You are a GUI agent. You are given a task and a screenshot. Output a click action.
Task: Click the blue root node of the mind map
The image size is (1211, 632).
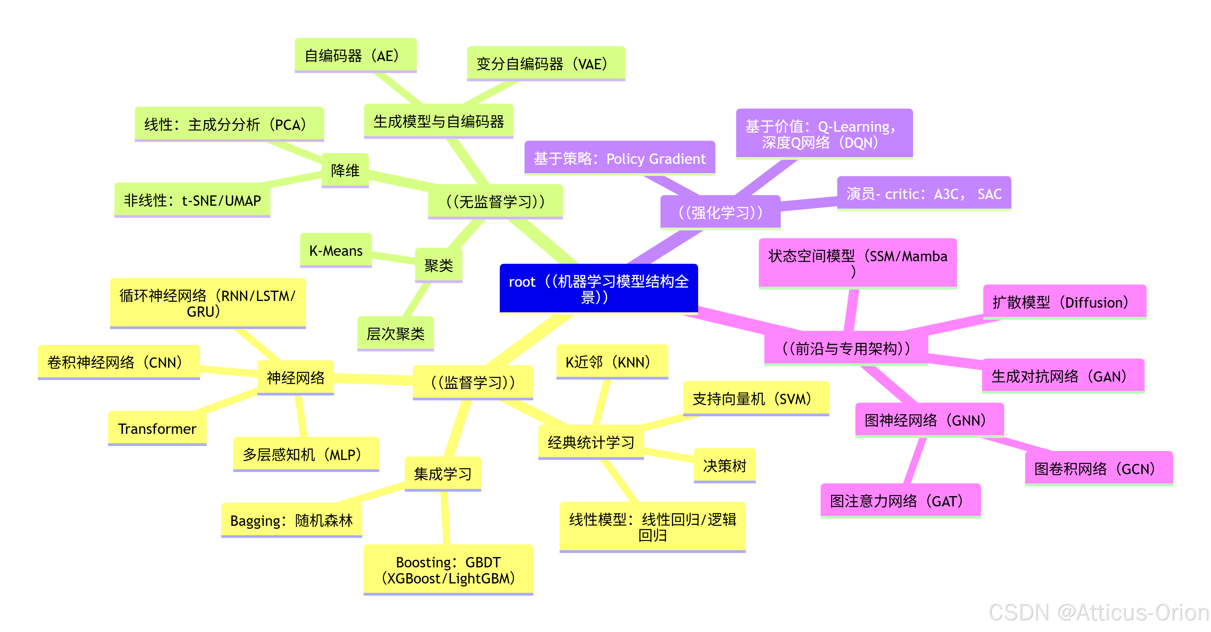pyautogui.click(x=599, y=288)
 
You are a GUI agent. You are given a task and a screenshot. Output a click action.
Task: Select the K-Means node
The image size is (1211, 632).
pyautogui.click(x=336, y=250)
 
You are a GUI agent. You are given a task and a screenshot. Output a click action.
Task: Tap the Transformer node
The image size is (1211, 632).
pyautogui.click(x=157, y=428)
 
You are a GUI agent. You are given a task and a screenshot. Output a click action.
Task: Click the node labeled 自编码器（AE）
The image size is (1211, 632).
pyautogui.click(x=355, y=56)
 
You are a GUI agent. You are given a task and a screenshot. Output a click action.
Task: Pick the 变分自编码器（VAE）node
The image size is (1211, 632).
pyautogui.click(x=545, y=63)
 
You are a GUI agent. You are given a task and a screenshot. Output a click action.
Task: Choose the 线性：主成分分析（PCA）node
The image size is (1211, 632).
pyautogui.click(x=229, y=124)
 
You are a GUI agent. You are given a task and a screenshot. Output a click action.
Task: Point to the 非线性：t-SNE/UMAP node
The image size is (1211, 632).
pyautogui.click(x=192, y=200)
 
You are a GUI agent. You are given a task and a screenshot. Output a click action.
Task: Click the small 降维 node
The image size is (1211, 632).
pyautogui.click(x=345, y=170)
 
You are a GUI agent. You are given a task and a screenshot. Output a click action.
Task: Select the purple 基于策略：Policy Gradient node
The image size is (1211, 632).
pyautogui.click(x=619, y=158)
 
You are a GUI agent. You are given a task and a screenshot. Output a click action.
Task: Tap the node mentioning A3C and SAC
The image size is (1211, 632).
pyautogui.click(x=924, y=194)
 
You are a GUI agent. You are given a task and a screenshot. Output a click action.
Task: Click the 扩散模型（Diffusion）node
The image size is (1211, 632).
pyautogui.click(x=1064, y=302)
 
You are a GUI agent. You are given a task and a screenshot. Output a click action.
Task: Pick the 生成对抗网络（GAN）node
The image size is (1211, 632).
pyautogui.click(x=1063, y=376)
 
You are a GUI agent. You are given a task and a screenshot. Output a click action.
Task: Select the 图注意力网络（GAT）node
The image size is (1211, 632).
pyautogui.click(x=900, y=501)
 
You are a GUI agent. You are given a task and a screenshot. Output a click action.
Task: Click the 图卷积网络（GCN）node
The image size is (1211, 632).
pyautogui.click(x=1099, y=468)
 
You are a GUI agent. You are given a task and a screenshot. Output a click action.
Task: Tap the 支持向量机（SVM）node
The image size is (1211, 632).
pyautogui.click(x=756, y=398)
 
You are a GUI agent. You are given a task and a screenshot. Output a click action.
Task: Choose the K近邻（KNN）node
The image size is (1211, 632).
pyautogui.click(x=612, y=362)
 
